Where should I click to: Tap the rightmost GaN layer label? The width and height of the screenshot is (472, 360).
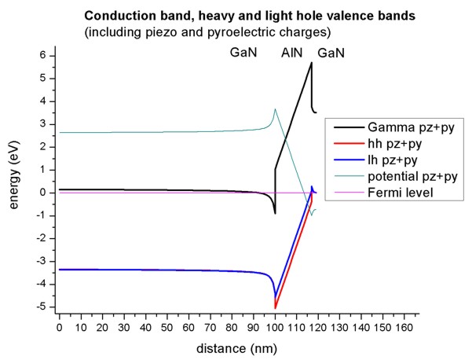tap(331, 53)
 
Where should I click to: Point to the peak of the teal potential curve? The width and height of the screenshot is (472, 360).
tap(275, 109)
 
